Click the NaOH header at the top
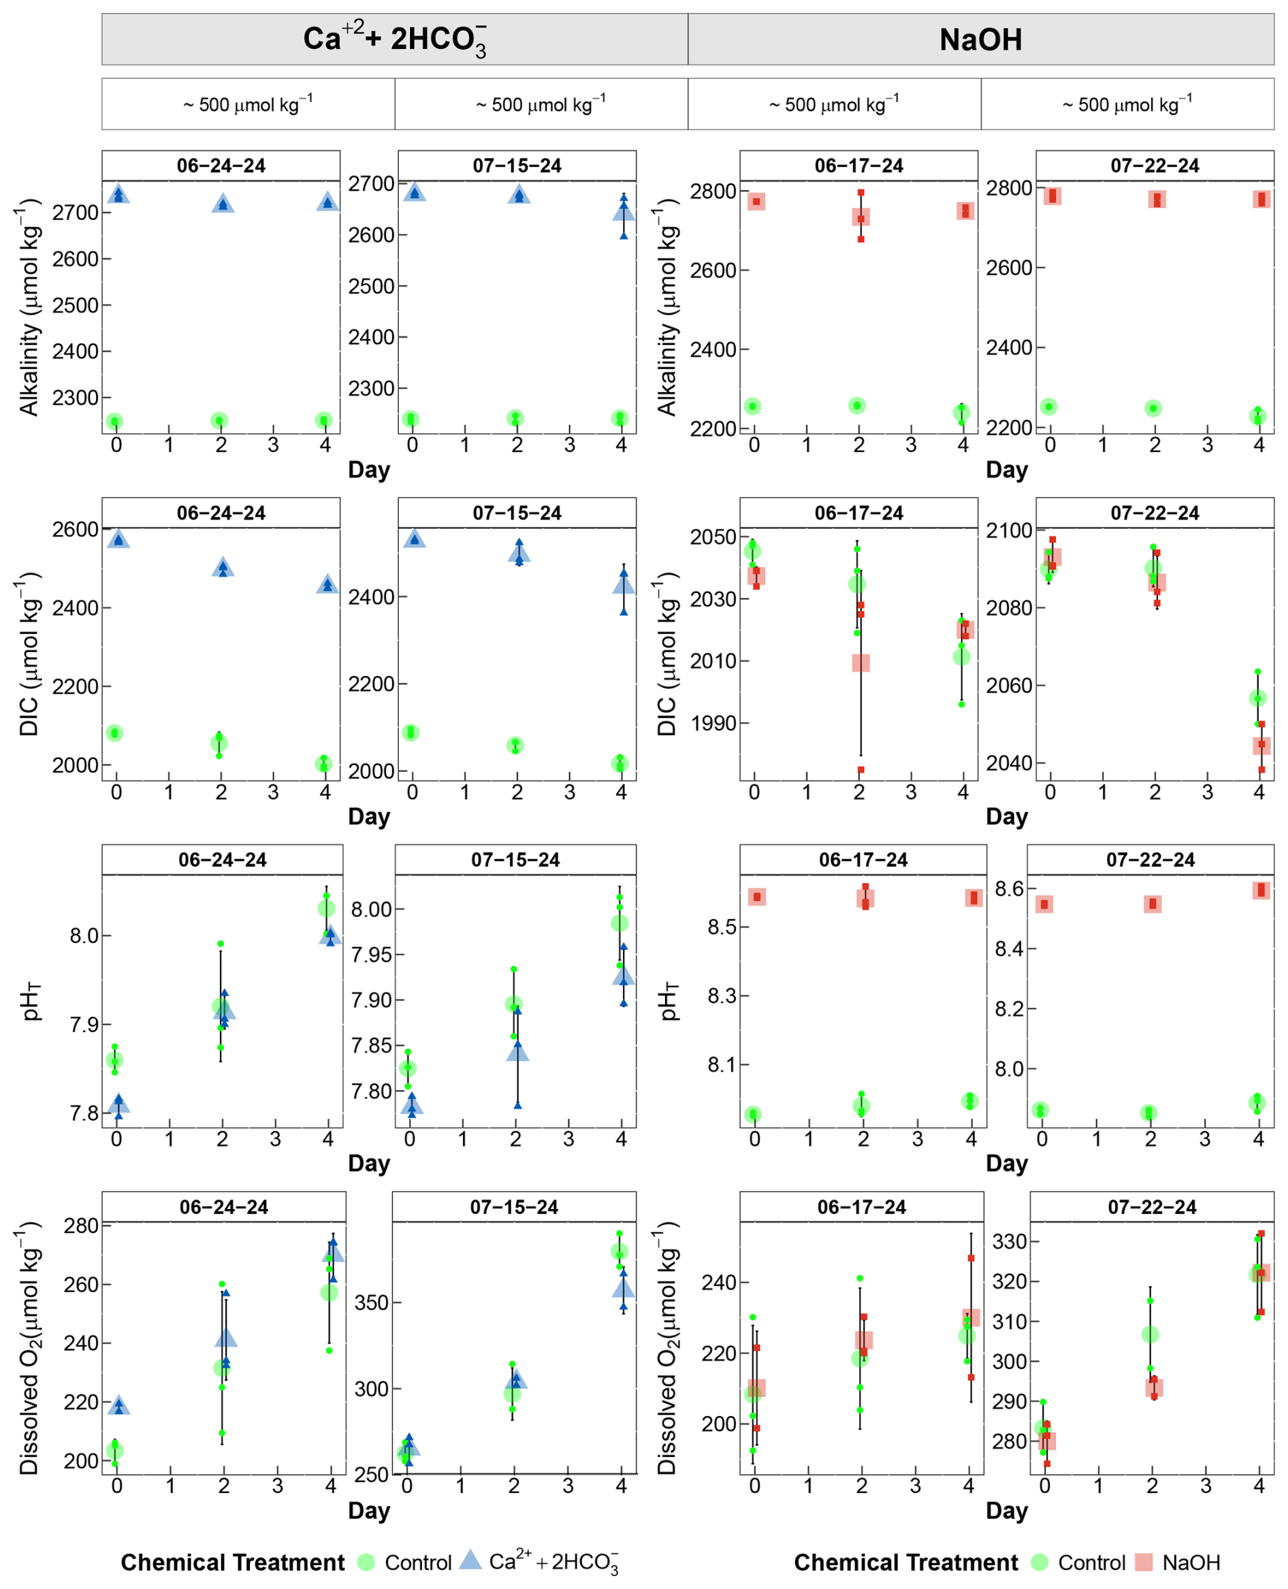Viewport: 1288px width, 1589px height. (x=980, y=39)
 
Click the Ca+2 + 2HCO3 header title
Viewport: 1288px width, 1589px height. (x=395, y=39)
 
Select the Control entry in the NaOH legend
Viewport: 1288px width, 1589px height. (x=1091, y=1562)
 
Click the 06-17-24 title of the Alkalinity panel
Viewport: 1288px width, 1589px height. (x=858, y=165)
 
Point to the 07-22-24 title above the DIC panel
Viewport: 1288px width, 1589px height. (x=1155, y=513)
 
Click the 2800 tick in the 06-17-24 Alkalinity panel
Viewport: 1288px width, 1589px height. (x=713, y=191)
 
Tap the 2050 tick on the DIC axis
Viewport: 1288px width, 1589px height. (x=713, y=537)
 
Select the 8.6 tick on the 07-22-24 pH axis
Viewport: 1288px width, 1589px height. (x=1008, y=888)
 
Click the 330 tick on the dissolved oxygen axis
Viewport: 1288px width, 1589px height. (x=1010, y=1241)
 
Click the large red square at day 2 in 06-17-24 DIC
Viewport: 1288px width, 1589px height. (x=860, y=662)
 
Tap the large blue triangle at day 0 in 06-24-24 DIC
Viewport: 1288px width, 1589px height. (x=118, y=539)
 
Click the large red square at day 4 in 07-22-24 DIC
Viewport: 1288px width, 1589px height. (x=1261, y=745)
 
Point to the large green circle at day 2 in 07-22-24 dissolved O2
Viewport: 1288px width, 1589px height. (x=1150, y=1334)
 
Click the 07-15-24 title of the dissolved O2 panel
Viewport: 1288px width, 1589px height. (x=513, y=1207)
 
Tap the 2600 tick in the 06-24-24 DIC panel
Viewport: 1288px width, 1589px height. (x=75, y=530)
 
